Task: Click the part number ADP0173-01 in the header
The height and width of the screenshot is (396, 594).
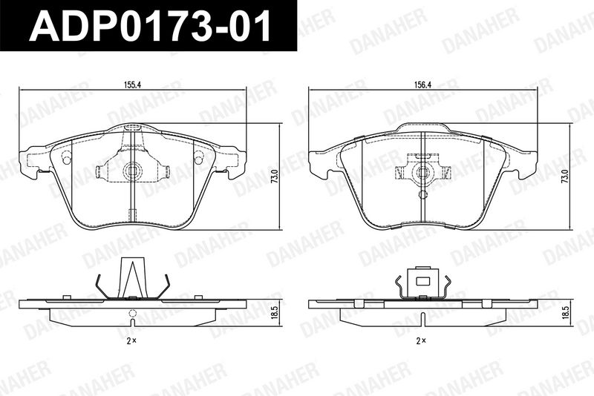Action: click(x=151, y=26)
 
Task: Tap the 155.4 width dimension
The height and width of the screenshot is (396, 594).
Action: click(x=133, y=85)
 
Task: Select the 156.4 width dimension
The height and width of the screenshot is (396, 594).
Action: click(x=422, y=85)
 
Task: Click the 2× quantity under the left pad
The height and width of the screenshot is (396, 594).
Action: click(x=131, y=341)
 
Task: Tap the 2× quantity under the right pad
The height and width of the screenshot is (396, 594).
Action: click(x=421, y=341)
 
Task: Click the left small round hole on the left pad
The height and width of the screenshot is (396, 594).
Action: click(x=66, y=157)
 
